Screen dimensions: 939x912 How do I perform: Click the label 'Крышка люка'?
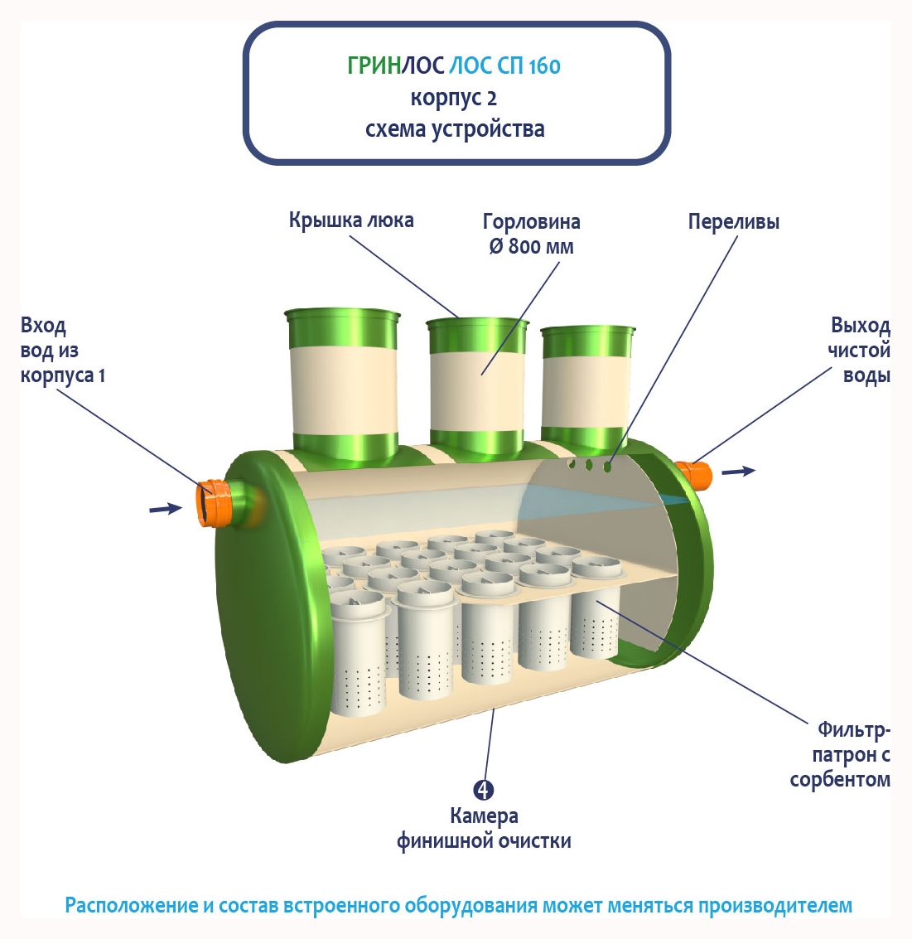pos(351,220)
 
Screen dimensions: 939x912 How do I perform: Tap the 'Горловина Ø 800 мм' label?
pos(531,234)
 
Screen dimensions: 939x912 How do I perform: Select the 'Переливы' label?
pos(733,222)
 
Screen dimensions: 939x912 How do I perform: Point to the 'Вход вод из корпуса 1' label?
pos(62,350)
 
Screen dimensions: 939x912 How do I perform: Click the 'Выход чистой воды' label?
pos(860,350)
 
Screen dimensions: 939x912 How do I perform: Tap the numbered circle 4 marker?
pos(484,789)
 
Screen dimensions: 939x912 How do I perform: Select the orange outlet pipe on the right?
pos(696,476)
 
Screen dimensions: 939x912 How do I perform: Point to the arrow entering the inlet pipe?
pos(165,508)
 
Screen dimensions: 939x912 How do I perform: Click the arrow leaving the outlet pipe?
pos(738,471)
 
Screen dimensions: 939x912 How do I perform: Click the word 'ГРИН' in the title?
pos(374,65)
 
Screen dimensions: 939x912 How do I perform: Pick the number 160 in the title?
pos(543,65)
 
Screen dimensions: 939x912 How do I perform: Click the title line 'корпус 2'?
pos(454,98)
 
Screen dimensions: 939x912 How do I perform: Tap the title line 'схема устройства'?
pos(455,129)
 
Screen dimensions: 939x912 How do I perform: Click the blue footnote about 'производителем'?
pos(458,905)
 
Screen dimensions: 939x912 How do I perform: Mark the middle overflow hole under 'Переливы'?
pos(589,466)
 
